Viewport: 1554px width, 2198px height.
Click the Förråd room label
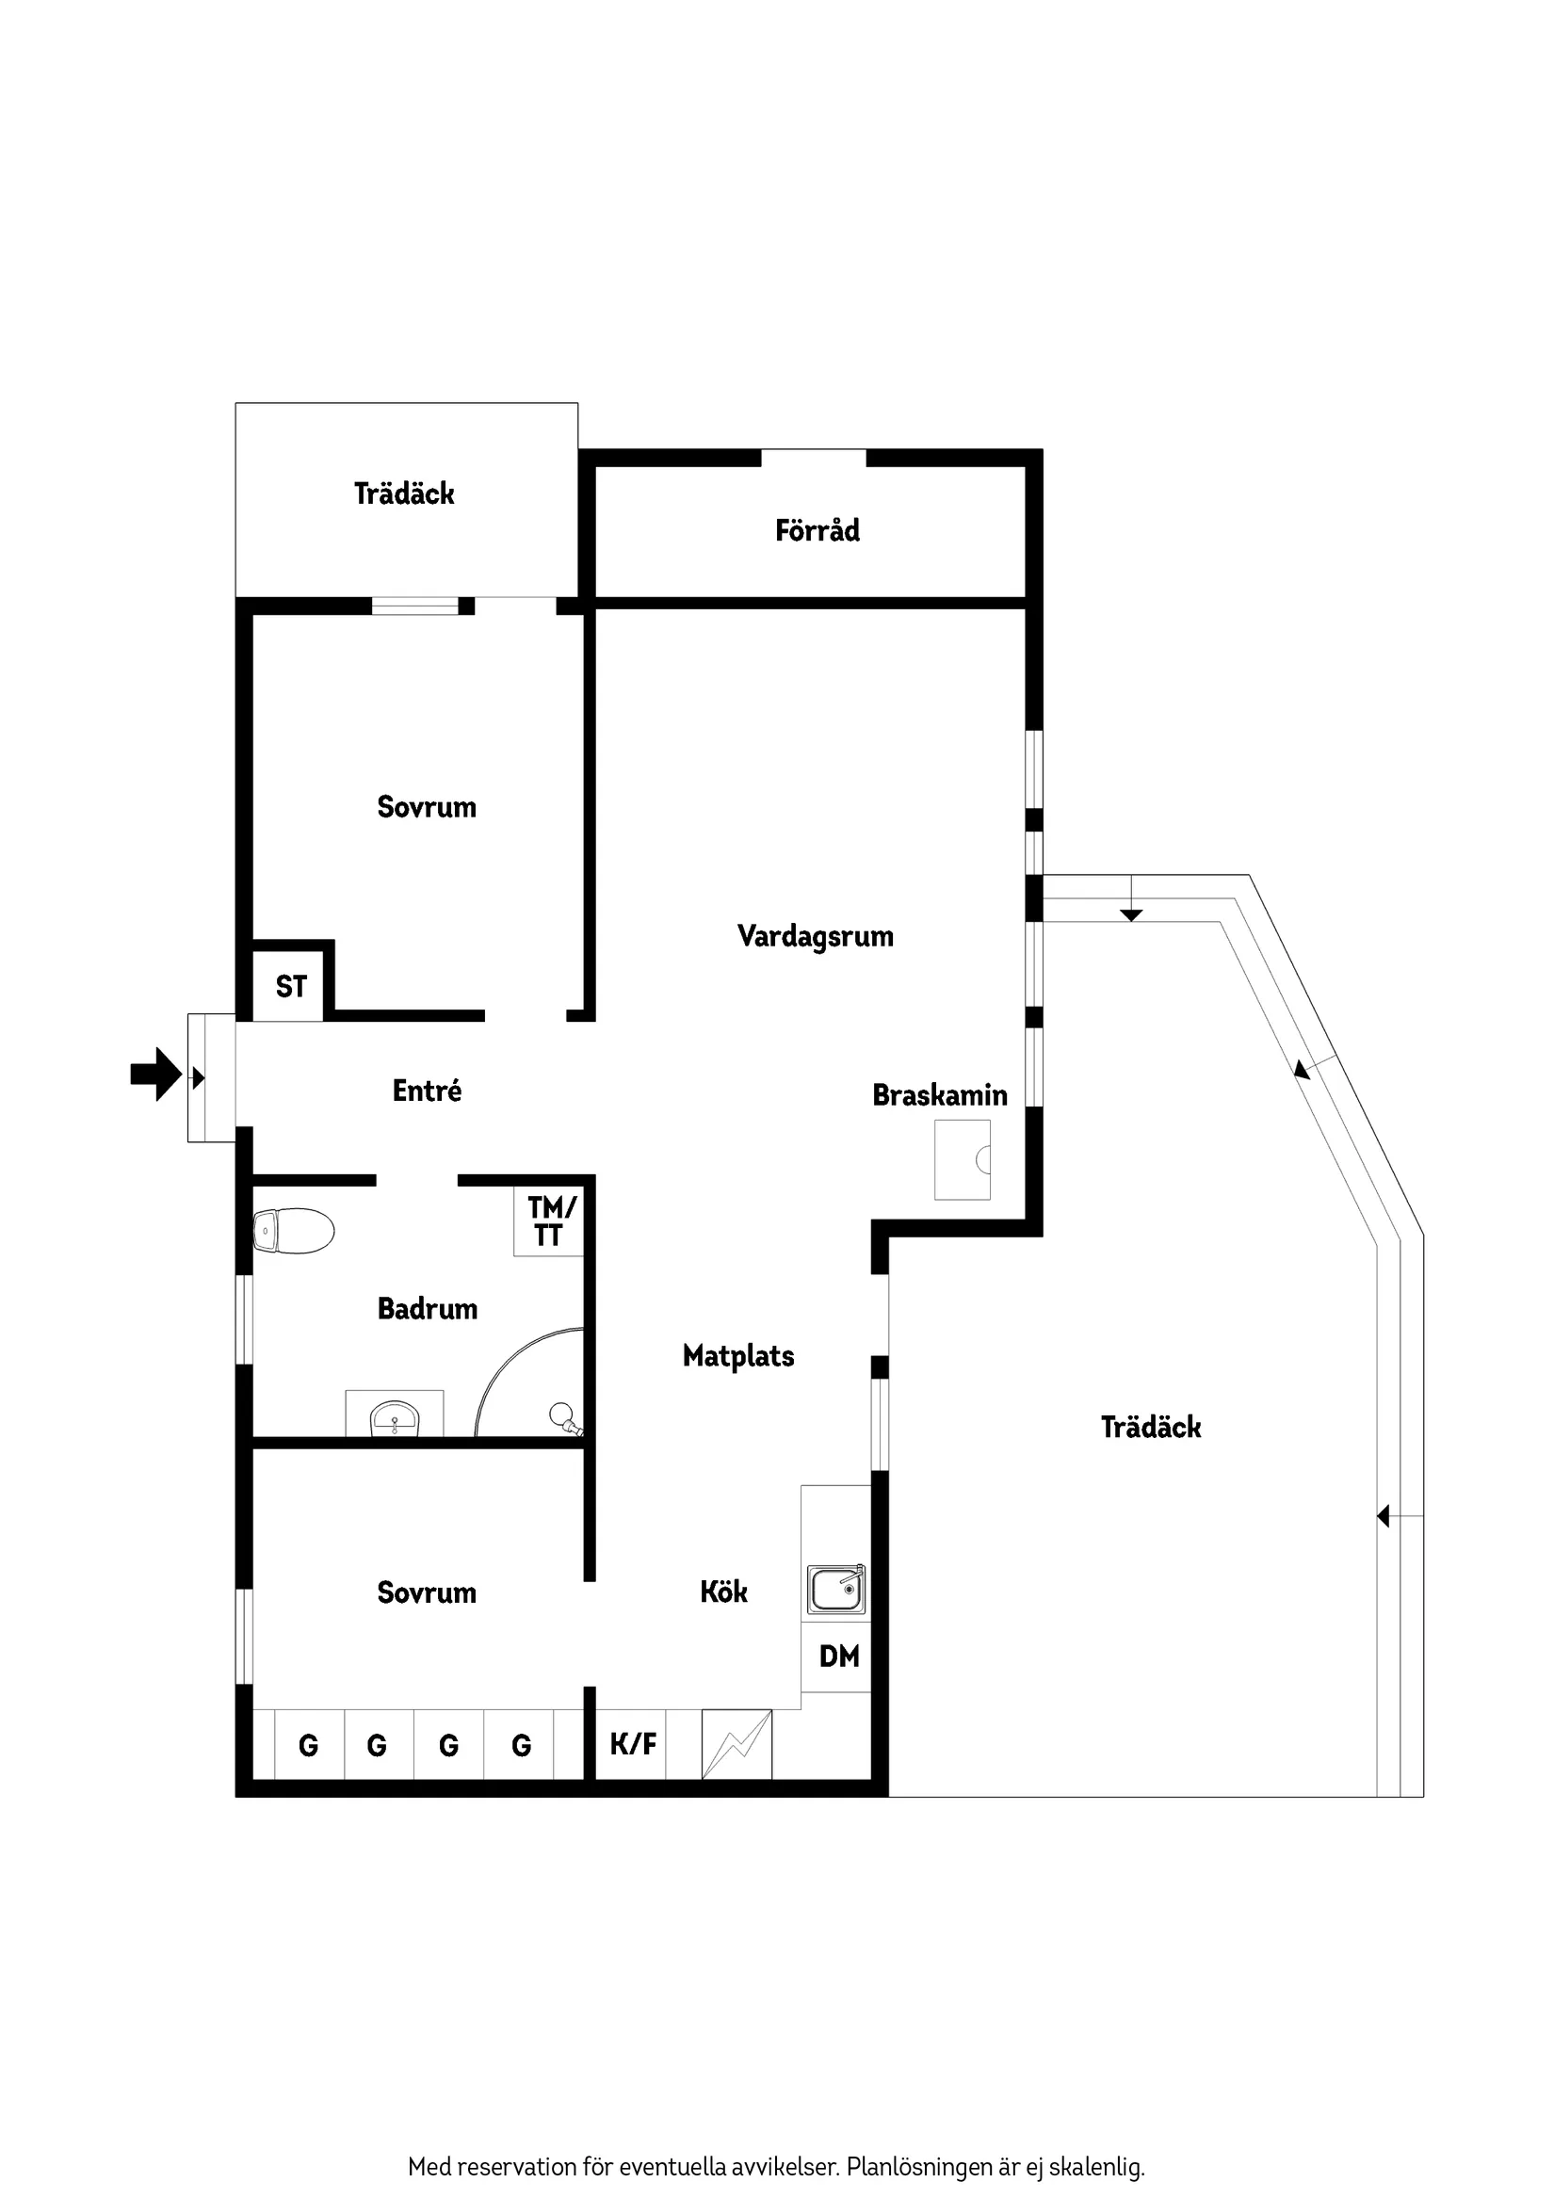[817, 530]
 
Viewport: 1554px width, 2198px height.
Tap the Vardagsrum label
[815, 936]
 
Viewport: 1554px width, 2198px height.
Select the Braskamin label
[939, 1095]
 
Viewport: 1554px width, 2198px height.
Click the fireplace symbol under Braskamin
[963, 1160]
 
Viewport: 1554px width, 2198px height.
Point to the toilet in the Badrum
[293, 1230]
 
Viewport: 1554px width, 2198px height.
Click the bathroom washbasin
[395, 1416]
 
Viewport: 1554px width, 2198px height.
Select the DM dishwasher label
[839, 1657]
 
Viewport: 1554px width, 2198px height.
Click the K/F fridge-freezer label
[633, 1744]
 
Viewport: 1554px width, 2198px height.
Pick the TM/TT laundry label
[551, 1221]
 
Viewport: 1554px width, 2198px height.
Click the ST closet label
[291, 987]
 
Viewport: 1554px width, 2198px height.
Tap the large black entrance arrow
[156, 1075]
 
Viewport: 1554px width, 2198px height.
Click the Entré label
[427, 1091]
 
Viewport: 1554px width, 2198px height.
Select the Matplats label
[738, 1355]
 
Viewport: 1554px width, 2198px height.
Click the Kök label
[723, 1592]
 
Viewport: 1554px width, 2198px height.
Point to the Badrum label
[427, 1309]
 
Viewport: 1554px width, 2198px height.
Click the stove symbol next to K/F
[737, 1744]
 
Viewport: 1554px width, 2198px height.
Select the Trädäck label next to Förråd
[404, 494]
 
